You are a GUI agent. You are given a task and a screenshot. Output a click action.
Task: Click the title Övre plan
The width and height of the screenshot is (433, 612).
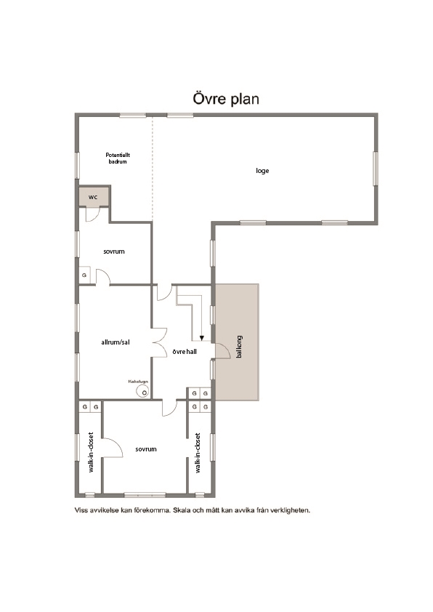tap(226, 99)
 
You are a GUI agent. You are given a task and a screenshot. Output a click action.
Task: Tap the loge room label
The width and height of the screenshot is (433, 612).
tap(262, 171)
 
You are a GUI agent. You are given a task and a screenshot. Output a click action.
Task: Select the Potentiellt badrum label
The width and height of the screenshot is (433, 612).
tap(118, 158)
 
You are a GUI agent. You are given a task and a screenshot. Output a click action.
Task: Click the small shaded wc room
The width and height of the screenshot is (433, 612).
tap(94, 196)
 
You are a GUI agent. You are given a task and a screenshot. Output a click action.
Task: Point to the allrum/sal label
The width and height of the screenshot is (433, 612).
tap(116, 342)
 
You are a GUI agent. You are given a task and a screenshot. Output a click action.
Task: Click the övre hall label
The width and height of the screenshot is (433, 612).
tap(185, 352)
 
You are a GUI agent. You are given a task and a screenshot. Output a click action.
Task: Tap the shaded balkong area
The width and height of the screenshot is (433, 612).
tap(237, 342)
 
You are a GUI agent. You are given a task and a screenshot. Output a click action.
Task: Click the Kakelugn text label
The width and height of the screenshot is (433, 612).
tap(138, 382)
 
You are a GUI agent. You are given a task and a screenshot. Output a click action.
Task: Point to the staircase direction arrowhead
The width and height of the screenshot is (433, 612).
tap(202, 337)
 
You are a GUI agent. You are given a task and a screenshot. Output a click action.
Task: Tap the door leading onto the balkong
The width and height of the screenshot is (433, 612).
tap(223, 350)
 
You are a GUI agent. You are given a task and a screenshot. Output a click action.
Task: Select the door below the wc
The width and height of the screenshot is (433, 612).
tap(93, 214)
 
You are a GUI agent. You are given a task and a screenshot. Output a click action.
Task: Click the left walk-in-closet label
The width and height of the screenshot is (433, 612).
tap(91, 452)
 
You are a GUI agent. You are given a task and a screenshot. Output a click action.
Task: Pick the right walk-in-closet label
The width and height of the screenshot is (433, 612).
tap(198, 453)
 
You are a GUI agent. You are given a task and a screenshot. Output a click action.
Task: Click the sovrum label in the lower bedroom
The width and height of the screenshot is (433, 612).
tap(146, 449)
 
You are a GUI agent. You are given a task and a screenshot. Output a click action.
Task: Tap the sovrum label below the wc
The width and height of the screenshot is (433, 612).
tap(114, 251)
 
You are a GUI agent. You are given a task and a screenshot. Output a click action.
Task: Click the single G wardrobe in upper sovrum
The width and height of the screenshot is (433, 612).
tap(85, 275)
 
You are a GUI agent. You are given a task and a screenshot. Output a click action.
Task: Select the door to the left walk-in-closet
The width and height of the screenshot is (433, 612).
tap(113, 448)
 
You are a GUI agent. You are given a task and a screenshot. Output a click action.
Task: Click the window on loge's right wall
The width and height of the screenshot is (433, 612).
tap(376, 169)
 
